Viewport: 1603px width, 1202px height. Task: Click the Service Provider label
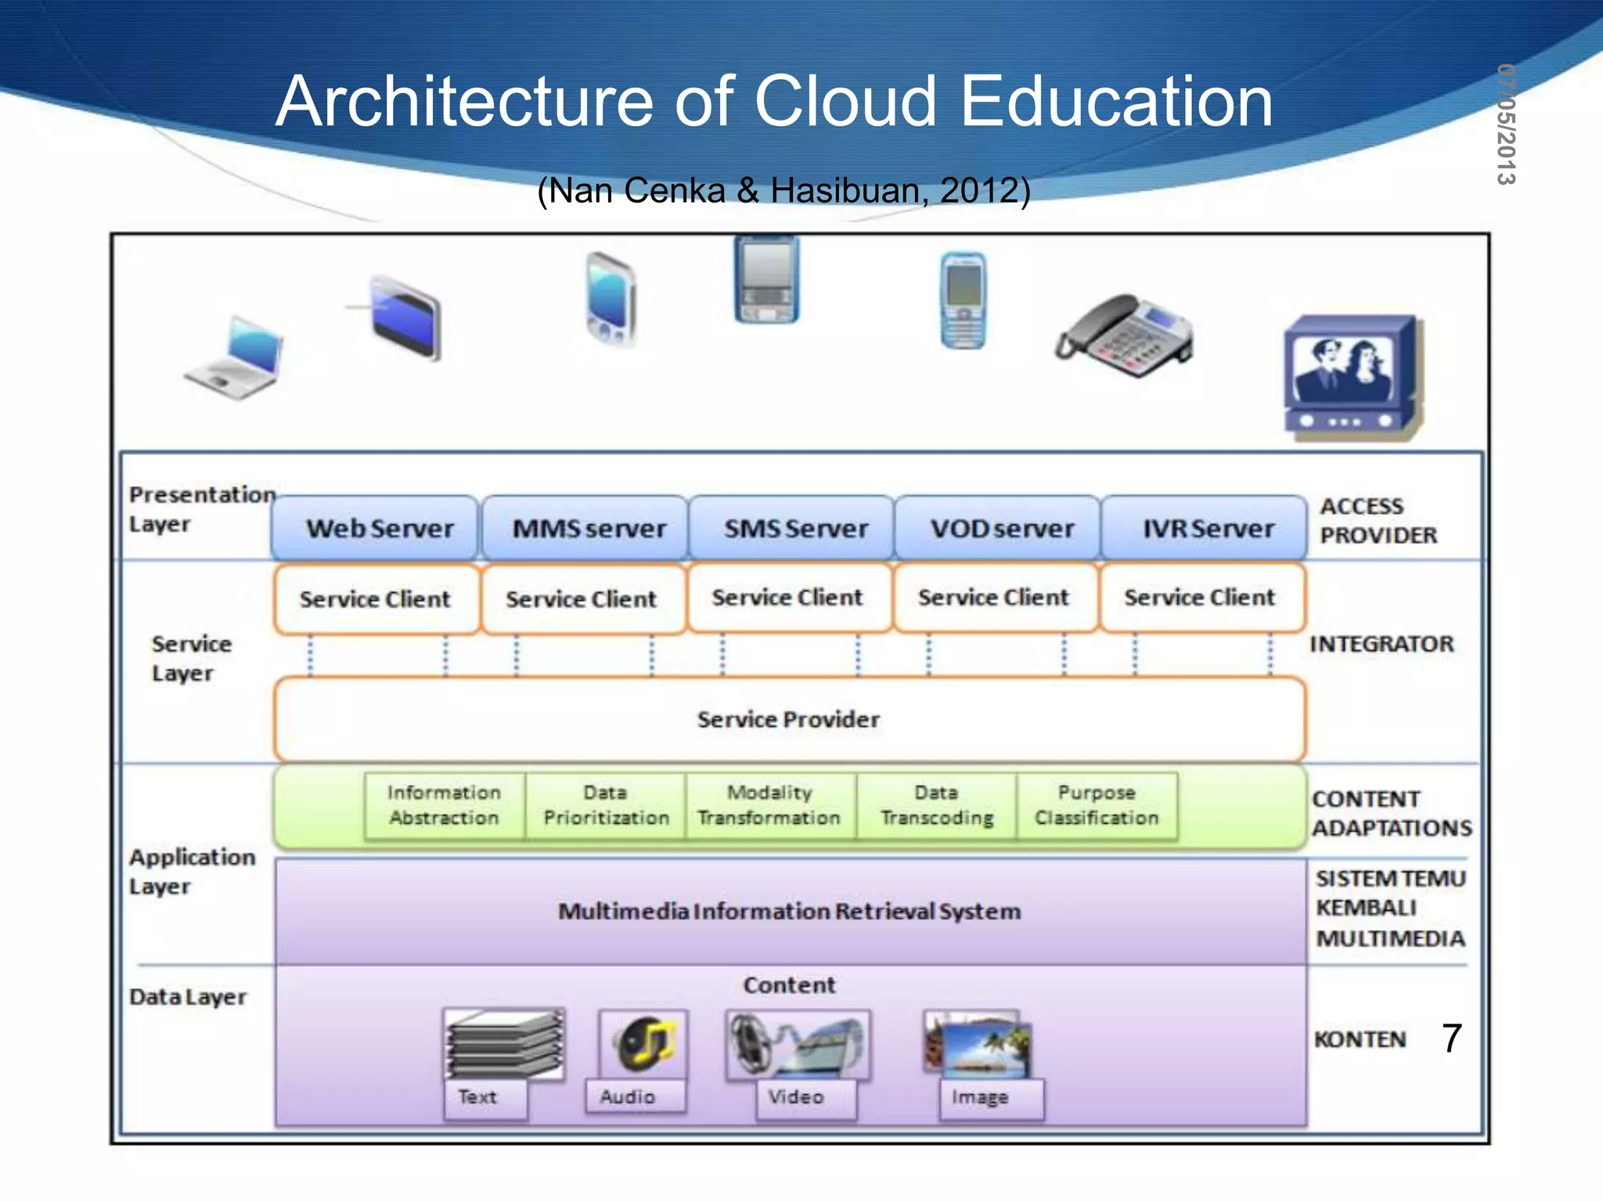click(788, 719)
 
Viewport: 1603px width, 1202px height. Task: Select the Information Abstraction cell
click(445, 805)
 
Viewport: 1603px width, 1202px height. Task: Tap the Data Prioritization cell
click(606, 805)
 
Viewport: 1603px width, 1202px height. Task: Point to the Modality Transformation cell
click(769, 805)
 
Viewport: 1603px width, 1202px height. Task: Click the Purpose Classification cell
click(1097, 805)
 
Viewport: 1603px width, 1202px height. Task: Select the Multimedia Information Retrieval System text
click(789, 912)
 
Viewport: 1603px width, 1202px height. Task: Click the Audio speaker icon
click(643, 1044)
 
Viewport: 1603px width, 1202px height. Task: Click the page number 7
click(1452, 1038)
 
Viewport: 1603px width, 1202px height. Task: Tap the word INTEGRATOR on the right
click(1381, 644)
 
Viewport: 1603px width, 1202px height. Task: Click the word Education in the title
click(1116, 102)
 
